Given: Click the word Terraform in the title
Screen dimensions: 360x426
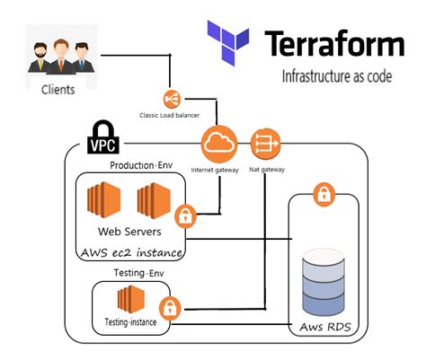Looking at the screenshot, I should (x=334, y=43).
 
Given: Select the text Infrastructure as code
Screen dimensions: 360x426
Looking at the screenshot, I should (x=336, y=76).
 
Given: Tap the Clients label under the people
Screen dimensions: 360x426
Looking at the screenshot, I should (x=58, y=90).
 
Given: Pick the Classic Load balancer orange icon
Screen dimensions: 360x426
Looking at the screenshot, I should (x=169, y=99).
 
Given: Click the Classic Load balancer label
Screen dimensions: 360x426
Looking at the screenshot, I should (x=169, y=116).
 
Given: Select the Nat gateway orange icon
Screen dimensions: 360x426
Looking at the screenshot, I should (x=267, y=141).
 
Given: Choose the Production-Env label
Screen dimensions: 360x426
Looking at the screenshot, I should (x=140, y=165).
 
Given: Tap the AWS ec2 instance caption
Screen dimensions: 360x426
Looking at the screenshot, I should (x=132, y=253).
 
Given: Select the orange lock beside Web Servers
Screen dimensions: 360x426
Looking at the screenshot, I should (x=185, y=216).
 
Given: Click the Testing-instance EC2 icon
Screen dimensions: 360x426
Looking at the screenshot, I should (x=131, y=298).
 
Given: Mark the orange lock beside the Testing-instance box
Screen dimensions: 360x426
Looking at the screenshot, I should (x=171, y=308).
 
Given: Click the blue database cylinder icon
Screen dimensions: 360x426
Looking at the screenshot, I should (x=324, y=279).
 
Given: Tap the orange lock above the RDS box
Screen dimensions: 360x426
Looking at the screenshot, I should (x=322, y=193).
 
